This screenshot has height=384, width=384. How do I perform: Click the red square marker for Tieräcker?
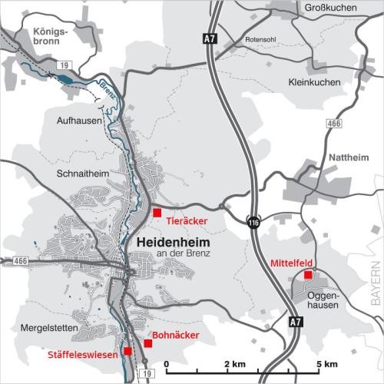click(x=157, y=212)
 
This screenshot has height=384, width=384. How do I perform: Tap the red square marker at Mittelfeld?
click(x=308, y=274)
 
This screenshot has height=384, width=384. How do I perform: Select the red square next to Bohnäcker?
click(x=147, y=343)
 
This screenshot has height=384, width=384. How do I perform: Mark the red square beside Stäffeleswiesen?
click(x=128, y=352)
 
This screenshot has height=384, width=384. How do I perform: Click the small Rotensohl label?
click(x=260, y=38)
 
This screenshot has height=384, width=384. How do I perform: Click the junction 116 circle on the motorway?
click(x=253, y=222)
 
